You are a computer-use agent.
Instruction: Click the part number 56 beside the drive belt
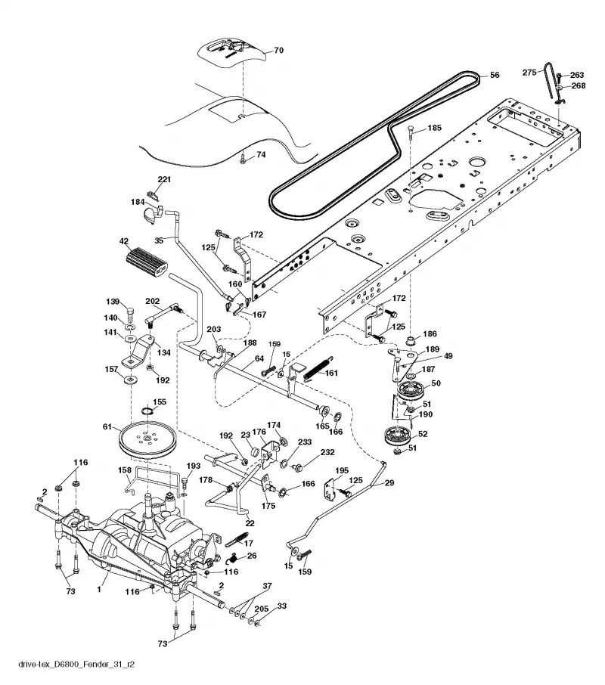494,75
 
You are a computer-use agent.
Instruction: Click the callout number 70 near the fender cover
278,50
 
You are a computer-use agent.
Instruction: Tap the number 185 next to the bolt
434,128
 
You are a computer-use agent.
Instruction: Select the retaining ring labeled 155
148,411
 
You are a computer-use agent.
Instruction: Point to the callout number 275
529,72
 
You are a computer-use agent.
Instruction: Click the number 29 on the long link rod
389,482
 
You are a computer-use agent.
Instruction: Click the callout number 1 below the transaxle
99,589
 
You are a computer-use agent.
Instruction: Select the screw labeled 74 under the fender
243,160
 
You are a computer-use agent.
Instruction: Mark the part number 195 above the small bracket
342,470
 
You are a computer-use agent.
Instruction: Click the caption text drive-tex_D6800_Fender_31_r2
76,665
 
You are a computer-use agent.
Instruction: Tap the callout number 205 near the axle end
261,609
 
